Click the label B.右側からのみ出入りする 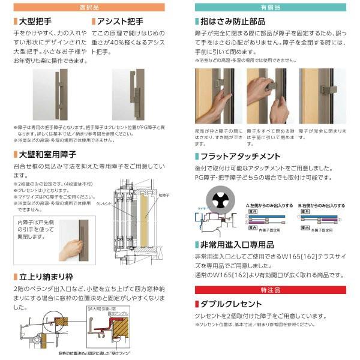322,205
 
